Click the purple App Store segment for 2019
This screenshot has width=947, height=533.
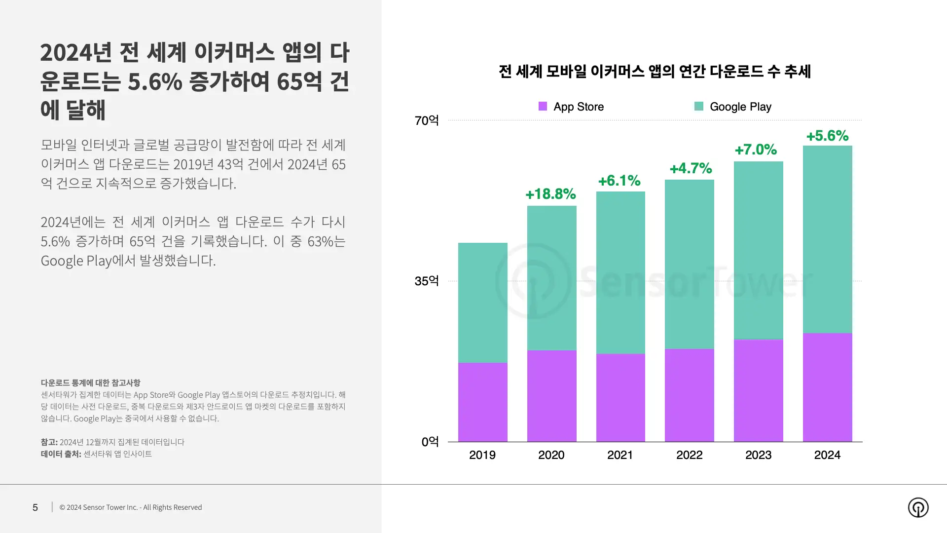click(482, 402)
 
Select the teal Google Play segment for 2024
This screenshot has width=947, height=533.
click(827, 239)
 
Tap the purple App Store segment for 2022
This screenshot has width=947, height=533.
click(689, 395)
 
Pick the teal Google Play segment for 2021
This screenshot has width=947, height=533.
click(620, 272)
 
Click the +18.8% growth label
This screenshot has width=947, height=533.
click(550, 194)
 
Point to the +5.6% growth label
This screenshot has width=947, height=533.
click(827, 136)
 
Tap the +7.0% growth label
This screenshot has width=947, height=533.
click(756, 150)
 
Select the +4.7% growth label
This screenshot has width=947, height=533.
click(691, 168)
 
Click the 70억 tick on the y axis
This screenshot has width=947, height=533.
click(427, 120)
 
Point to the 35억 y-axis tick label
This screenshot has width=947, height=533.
click(427, 281)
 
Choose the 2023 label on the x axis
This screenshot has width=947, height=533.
click(758, 455)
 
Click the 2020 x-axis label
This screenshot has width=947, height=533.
click(551, 455)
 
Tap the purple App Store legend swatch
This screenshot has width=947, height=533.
click(543, 106)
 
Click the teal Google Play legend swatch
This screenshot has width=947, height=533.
click(698, 106)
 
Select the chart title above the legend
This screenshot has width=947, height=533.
click(655, 72)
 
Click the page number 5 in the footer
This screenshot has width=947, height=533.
click(35, 507)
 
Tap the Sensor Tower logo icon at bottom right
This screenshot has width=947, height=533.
click(918, 507)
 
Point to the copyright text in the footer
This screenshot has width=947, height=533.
click(131, 507)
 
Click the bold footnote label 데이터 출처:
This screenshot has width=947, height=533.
click(61, 454)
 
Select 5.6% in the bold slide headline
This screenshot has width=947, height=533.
click(155, 82)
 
